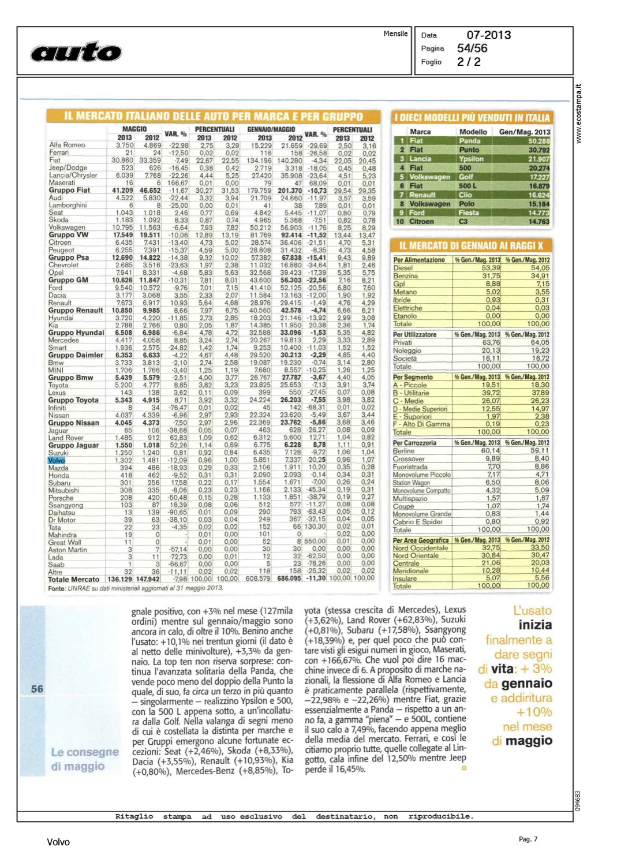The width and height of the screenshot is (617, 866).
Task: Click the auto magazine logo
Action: pyautogui.click(x=76, y=52)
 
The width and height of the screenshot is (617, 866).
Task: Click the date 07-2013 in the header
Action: pyautogui.click(x=488, y=35)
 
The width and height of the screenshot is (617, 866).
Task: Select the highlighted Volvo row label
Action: pyautogui.click(x=57, y=460)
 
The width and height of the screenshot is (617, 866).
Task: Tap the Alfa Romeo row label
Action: pyautogui.click(x=67, y=145)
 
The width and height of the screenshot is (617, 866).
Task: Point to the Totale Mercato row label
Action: pyautogui.click(x=74, y=579)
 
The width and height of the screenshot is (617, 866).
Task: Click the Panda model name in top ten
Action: pyautogui.click(x=470, y=141)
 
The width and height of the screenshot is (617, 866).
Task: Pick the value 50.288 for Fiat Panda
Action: pyautogui.click(x=539, y=141)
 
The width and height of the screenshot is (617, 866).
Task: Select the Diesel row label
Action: pyautogui.click(x=403, y=268)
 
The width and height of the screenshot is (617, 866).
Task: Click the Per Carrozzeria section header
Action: pyautogui.click(x=414, y=443)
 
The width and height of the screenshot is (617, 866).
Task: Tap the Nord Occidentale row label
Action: pyautogui.click(x=420, y=548)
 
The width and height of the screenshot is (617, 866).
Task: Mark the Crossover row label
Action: pyautogui.click(x=409, y=459)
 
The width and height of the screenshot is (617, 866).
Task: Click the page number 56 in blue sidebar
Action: pyautogui.click(x=37, y=689)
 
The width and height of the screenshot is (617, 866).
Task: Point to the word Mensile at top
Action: pyautogui.click(x=395, y=34)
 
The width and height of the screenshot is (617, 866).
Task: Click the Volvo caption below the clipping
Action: pyautogui.click(x=58, y=842)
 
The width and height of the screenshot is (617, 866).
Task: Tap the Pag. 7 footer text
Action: pyautogui.click(x=528, y=839)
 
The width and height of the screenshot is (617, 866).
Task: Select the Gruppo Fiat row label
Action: pyautogui.click(x=69, y=190)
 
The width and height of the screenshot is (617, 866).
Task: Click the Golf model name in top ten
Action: pyautogui.click(x=466, y=177)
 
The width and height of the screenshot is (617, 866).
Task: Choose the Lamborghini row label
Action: pyautogui.click(x=68, y=205)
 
